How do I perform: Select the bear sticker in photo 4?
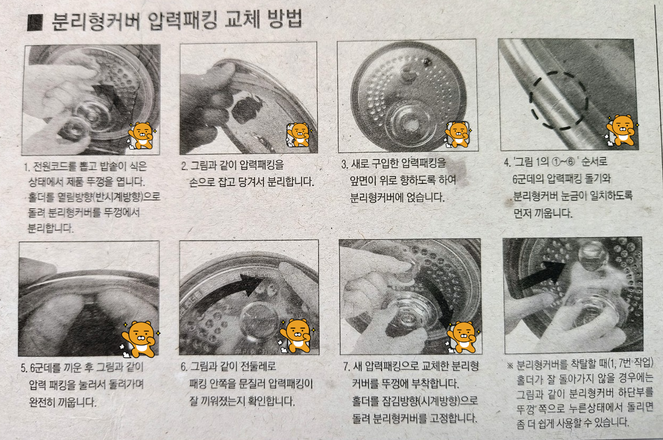(621, 130)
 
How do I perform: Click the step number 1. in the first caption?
(27, 168)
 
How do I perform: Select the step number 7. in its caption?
(347, 367)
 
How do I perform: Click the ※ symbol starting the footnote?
(510, 365)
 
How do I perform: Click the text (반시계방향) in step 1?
(118, 197)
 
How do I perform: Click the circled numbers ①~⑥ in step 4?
(563, 162)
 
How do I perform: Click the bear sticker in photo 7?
(463, 337)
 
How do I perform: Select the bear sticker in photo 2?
(299, 135)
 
